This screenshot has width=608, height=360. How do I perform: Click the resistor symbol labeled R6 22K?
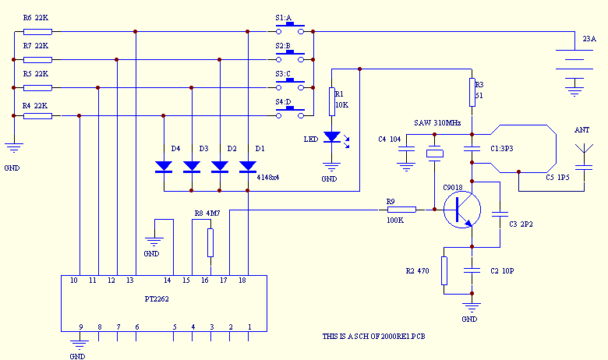(37, 31)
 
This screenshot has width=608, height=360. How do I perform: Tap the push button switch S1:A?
(294, 30)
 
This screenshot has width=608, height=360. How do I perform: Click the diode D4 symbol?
(164, 166)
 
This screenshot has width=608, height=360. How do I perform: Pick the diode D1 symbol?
(248, 166)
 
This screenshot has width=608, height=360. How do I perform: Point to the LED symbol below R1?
(333, 138)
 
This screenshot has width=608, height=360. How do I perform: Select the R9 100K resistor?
(402, 209)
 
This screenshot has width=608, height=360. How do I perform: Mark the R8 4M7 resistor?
(210, 242)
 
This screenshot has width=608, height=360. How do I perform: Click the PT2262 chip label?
(156, 298)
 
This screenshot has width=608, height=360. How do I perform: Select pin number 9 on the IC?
(80, 326)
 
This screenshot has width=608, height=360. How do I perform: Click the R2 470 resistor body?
(444, 270)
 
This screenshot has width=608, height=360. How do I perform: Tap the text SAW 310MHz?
(439, 124)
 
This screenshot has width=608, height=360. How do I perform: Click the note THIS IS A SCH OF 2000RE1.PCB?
(379, 336)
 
